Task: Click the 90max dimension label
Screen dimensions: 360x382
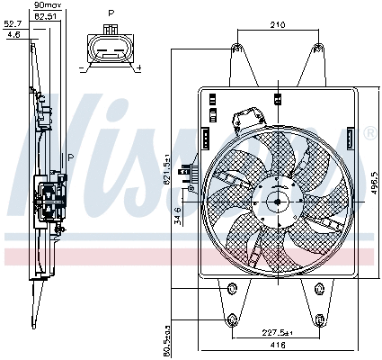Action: pos(41,6)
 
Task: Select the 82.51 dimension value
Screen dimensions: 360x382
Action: pos(41,16)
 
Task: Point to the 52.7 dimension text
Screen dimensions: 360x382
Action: pos(13,25)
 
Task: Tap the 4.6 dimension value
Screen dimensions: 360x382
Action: pos(13,34)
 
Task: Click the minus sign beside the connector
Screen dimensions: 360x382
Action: pos(83,67)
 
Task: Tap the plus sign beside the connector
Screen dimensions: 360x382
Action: pos(138,67)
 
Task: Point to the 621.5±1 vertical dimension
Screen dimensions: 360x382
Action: pos(167,168)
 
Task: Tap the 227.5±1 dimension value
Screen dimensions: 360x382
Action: pos(276,330)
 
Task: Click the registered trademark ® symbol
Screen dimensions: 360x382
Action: pos(369,134)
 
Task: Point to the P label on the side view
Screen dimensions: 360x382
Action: pos(71,157)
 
